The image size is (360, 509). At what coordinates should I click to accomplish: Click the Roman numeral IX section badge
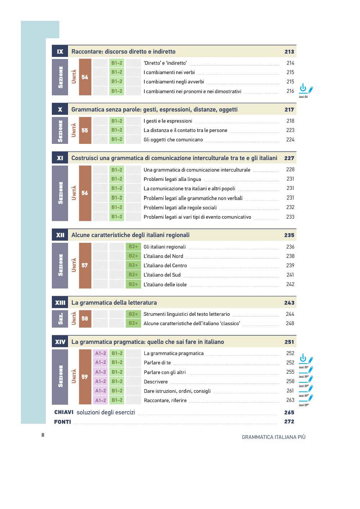(60, 51)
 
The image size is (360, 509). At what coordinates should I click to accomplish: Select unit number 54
(85, 77)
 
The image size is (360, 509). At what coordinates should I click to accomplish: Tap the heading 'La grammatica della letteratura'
(114, 303)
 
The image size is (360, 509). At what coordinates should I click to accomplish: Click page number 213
(289, 51)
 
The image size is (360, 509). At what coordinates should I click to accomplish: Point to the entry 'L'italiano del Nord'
(163, 256)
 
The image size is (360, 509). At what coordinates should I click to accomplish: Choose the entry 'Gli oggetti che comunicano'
(173, 140)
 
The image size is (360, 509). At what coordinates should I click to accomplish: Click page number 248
(290, 323)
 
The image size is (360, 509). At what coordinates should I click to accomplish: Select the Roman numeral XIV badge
(60, 342)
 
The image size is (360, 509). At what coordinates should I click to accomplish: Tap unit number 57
(85, 265)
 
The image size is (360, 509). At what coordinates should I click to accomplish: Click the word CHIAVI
(64, 412)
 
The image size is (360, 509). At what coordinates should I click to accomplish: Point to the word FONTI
(63, 422)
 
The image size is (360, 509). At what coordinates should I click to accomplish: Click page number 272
(289, 422)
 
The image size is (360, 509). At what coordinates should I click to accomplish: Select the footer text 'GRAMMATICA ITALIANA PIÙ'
(274, 437)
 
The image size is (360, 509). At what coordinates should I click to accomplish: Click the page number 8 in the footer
(43, 435)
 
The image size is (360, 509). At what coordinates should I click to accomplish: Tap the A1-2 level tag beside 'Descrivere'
(100, 381)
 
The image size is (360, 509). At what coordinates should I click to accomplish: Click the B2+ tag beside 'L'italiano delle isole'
(133, 284)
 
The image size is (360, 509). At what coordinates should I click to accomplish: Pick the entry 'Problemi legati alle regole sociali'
(180, 208)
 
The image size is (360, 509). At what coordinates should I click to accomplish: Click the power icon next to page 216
(303, 88)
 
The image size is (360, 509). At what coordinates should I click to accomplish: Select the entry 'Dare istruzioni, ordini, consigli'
(177, 391)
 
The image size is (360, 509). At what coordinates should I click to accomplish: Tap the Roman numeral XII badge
(60, 235)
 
